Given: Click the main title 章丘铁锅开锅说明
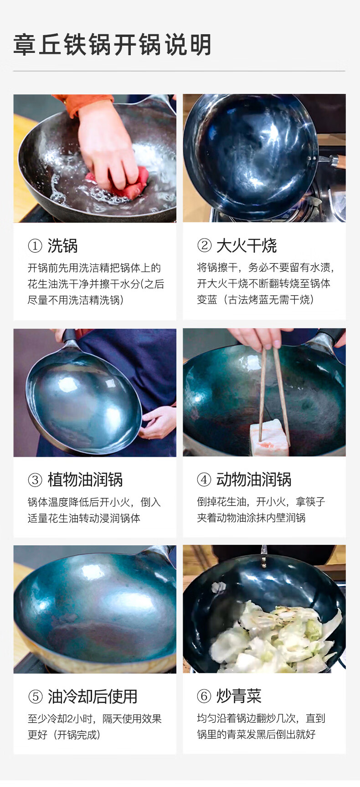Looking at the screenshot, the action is pos(113,45).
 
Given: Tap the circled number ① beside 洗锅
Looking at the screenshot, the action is pos(35,246).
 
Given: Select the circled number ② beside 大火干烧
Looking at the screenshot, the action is pos(204,246).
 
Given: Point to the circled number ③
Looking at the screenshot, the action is pos(35,480).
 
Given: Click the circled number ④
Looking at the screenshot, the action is pos(204,480).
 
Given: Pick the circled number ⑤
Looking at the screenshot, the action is pos(35,697).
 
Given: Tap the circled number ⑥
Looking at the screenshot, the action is pos(204,696).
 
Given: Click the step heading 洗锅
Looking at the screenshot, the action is pos(62,246).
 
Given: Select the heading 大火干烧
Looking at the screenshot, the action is pos(247,246).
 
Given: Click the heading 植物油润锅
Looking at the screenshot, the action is pos(85,480).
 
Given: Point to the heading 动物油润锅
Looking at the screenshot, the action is pos(254,480).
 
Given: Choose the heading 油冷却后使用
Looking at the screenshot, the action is pos(93,697).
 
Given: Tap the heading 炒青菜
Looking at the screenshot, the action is pos(239,696).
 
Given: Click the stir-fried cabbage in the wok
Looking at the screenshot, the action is pos(273,638).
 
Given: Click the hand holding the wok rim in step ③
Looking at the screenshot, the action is pos(159,422).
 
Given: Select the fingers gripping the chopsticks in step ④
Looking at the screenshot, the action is pos(260,338).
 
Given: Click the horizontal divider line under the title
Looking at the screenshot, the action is pos(179,71).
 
